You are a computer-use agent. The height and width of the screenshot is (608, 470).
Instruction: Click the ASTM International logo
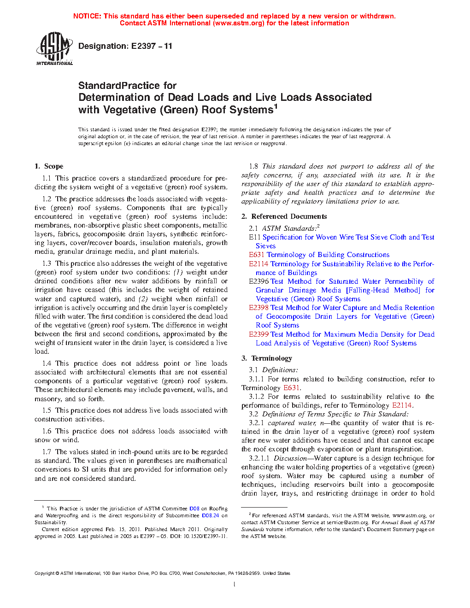click(x=54, y=48)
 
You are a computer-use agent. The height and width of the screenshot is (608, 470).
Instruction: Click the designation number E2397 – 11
click(x=152, y=46)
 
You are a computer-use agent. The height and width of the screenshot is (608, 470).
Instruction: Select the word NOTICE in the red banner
click(x=87, y=16)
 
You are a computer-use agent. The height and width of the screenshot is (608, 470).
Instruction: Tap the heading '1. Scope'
click(x=49, y=166)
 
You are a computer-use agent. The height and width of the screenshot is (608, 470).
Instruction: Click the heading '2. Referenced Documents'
click(x=284, y=216)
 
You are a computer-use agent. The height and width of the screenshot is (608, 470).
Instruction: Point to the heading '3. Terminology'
click(x=267, y=358)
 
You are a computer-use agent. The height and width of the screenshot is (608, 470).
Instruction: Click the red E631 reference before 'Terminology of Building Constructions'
click(x=257, y=255)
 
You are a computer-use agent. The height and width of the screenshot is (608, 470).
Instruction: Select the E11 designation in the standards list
click(x=255, y=237)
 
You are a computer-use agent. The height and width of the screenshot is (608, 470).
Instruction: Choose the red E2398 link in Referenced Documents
click(x=258, y=308)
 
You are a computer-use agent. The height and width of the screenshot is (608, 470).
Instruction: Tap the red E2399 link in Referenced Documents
click(x=258, y=334)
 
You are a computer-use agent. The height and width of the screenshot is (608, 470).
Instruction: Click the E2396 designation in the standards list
click(x=258, y=281)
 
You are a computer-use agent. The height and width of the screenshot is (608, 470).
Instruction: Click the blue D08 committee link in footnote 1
click(x=194, y=509)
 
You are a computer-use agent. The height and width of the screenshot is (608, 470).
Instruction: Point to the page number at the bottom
click(x=235, y=585)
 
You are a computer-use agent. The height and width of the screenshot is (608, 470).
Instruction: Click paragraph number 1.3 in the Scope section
click(x=47, y=263)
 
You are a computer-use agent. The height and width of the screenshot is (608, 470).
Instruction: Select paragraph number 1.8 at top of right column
click(x=253, y=166)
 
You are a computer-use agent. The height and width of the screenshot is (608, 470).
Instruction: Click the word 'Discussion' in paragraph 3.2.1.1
click(x=290, y=458)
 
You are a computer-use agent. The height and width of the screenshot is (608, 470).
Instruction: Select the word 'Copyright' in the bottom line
click(x=44, y=573)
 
